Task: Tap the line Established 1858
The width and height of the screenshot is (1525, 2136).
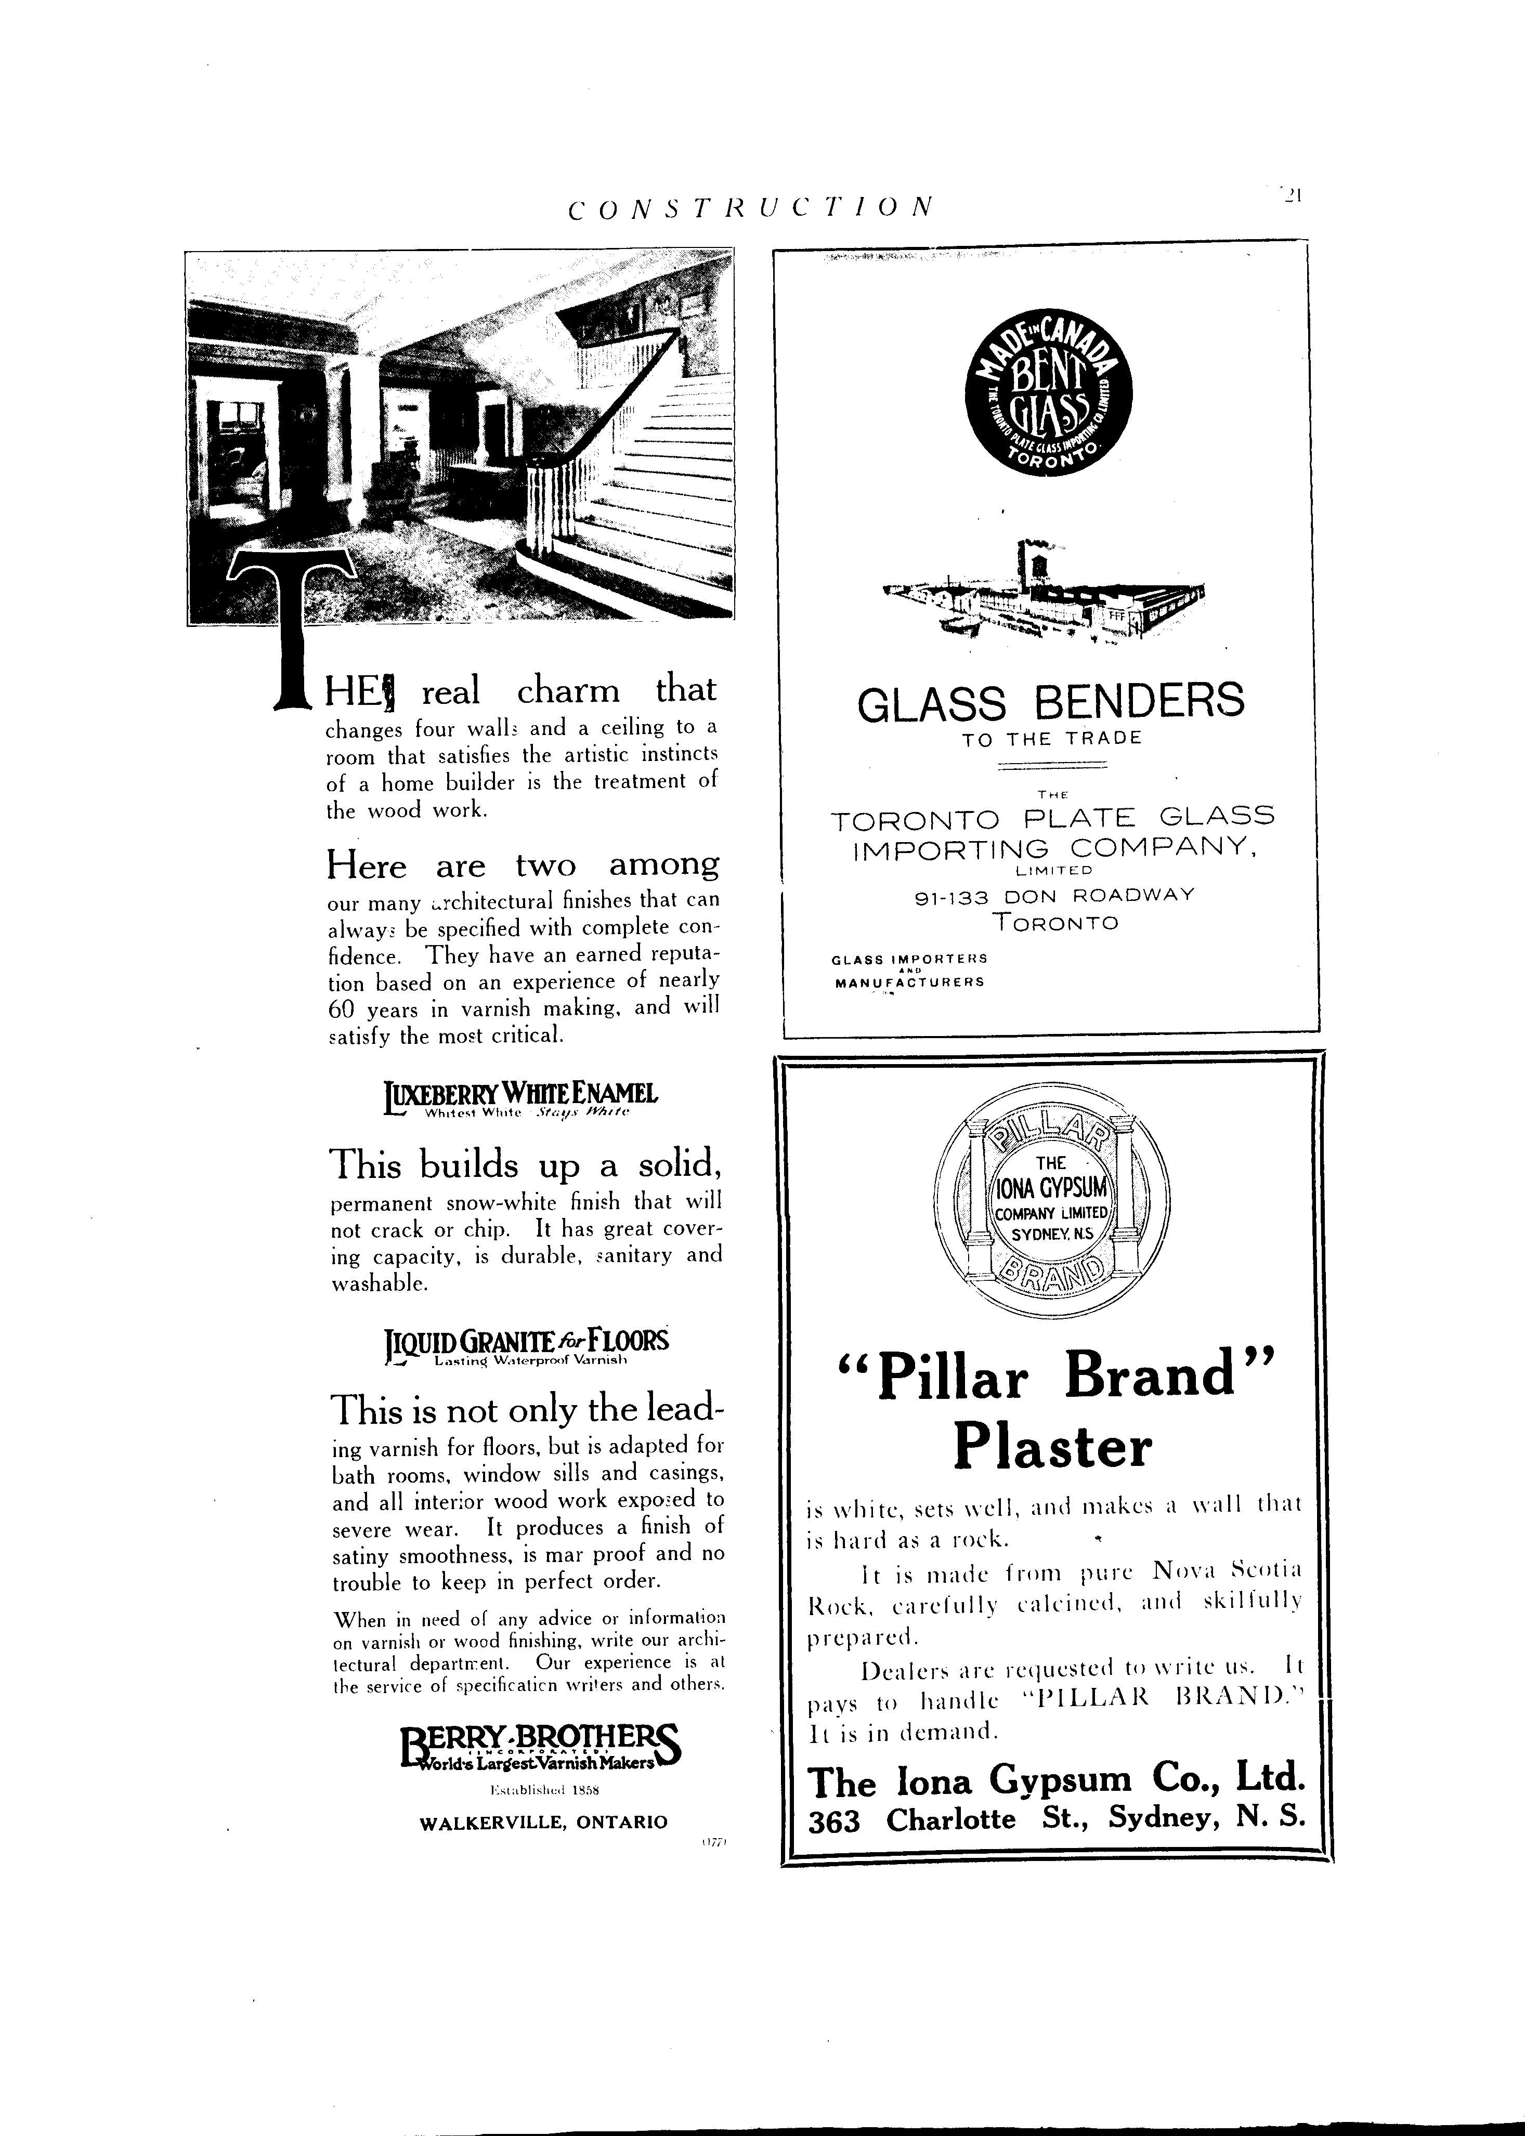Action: tap(545, 1790)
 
